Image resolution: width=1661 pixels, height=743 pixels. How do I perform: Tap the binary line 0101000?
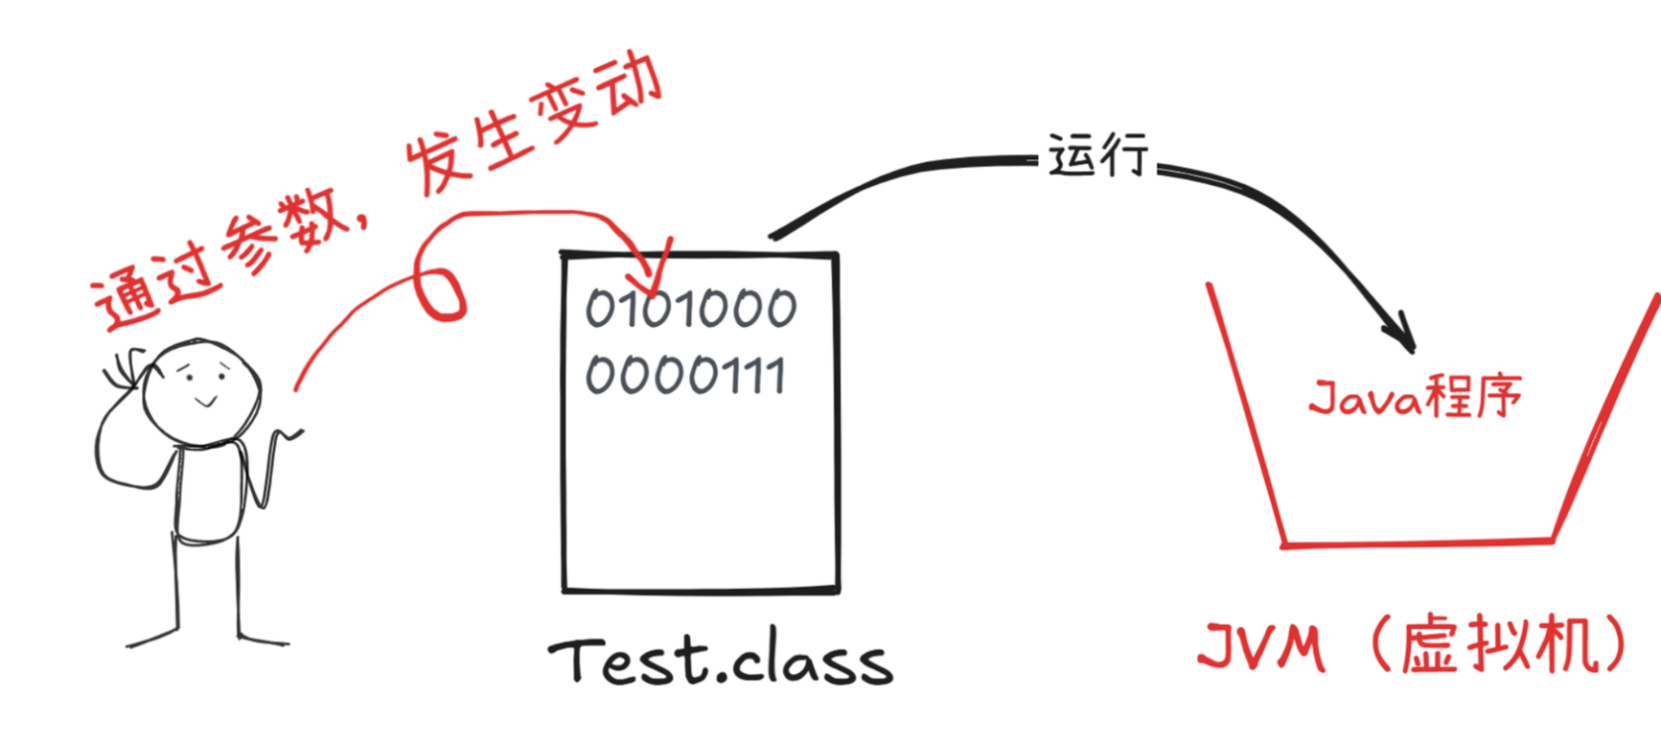point(690,309)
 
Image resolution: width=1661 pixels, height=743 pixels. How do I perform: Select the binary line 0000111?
point(685,374)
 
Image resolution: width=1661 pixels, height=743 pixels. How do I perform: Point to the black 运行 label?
point(1097,155)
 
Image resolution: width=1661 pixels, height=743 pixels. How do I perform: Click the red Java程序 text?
point(1415,396)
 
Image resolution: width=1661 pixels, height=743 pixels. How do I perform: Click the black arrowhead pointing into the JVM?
point(1402,336)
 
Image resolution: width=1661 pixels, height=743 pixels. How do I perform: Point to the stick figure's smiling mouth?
point(205,403)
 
